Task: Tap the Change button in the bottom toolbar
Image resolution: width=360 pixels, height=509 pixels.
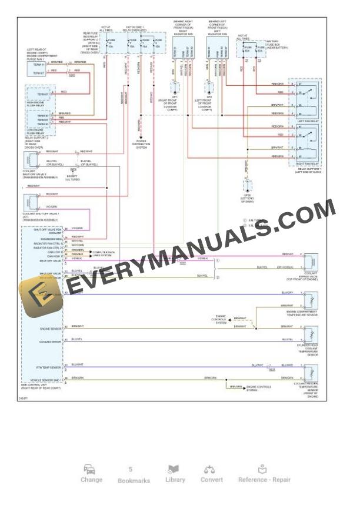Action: [91, 473]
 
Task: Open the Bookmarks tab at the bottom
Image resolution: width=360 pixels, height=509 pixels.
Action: [134, 475]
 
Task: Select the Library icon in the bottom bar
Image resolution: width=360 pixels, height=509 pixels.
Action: [175, 473]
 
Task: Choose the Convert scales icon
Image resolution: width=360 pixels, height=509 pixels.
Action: [211, 473]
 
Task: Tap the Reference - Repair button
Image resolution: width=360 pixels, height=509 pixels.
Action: [264, 473]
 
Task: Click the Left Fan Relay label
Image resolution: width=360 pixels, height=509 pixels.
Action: [308, 121]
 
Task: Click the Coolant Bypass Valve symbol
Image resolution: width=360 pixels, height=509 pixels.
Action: [309, 260]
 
